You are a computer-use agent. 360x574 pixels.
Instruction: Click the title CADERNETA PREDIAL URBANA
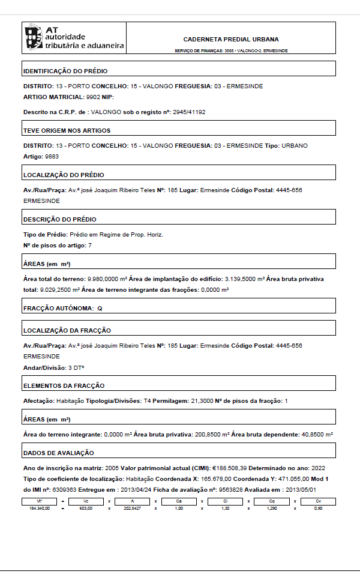pos(230,39)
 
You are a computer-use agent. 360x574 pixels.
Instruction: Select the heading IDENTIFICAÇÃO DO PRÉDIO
pos(57,71)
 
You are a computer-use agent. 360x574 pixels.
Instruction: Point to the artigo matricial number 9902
pos(93,97)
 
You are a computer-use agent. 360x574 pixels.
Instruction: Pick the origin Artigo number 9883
pos(52,157)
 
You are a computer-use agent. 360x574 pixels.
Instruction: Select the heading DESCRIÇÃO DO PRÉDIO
pos(59,219)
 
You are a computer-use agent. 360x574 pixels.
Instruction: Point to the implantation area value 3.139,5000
pos(241,279)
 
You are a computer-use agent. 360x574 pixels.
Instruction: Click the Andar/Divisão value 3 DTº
pos(76,367)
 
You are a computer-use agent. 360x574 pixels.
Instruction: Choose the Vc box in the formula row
pos(86,500)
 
